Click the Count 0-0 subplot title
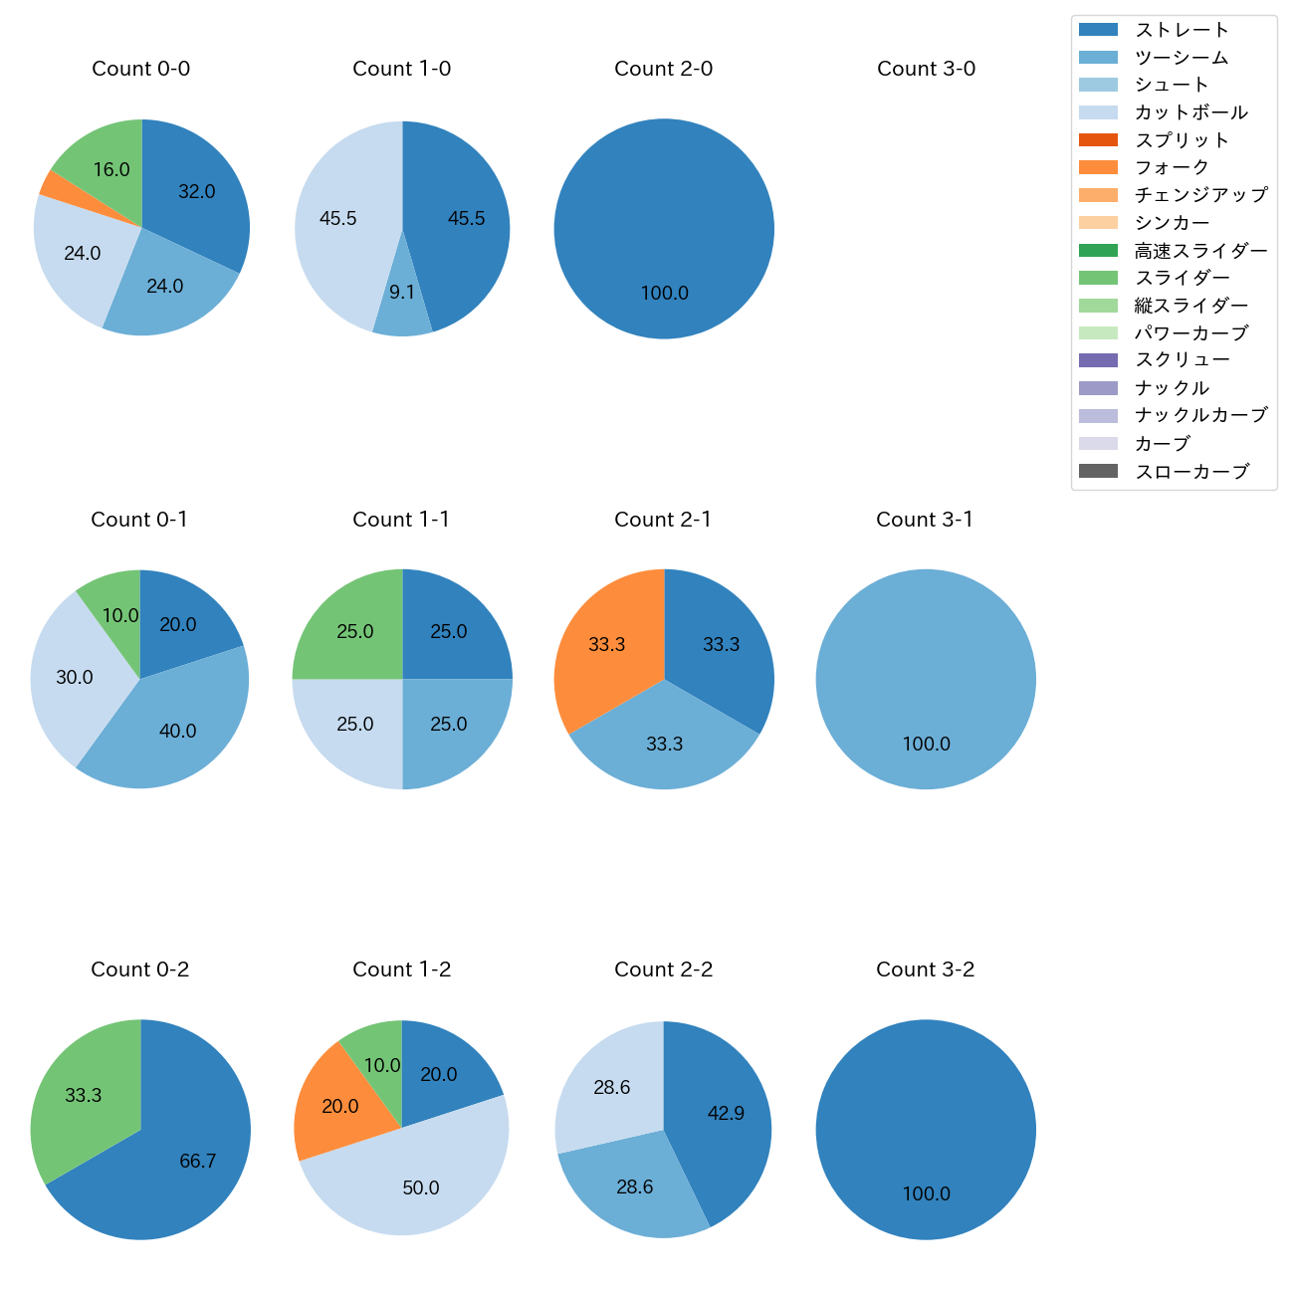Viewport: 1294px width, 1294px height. (x=140, y=69)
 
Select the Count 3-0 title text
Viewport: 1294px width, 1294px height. (x=926, y=69)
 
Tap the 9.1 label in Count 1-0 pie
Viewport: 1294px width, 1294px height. (x=402, y=293)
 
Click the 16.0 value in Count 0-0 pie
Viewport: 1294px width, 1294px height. (x=111, y=170)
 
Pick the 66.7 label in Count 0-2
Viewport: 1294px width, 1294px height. (x=197, y=1162)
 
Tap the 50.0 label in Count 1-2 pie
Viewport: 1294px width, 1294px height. (x=421, y=1188)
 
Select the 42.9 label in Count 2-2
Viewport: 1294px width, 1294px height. (x=726, y=1114)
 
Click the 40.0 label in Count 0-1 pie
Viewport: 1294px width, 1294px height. (x=177, y=732)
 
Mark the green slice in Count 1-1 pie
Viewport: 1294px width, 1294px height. (x=348, y=627)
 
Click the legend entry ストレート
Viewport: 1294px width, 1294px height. (x=1182, y=30)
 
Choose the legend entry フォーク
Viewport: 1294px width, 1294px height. (x=1172, y=168)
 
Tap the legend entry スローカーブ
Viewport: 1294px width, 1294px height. (x=1191, y=472)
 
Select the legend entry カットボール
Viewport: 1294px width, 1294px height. (x=1190, y=112)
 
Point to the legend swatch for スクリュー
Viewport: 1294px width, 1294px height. (x=1098, y=360)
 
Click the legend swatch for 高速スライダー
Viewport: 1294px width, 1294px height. (x=1098, y=250)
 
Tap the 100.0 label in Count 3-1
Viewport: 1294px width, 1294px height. (x=926, y=745)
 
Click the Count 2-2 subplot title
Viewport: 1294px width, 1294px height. (x=663, y=970)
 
